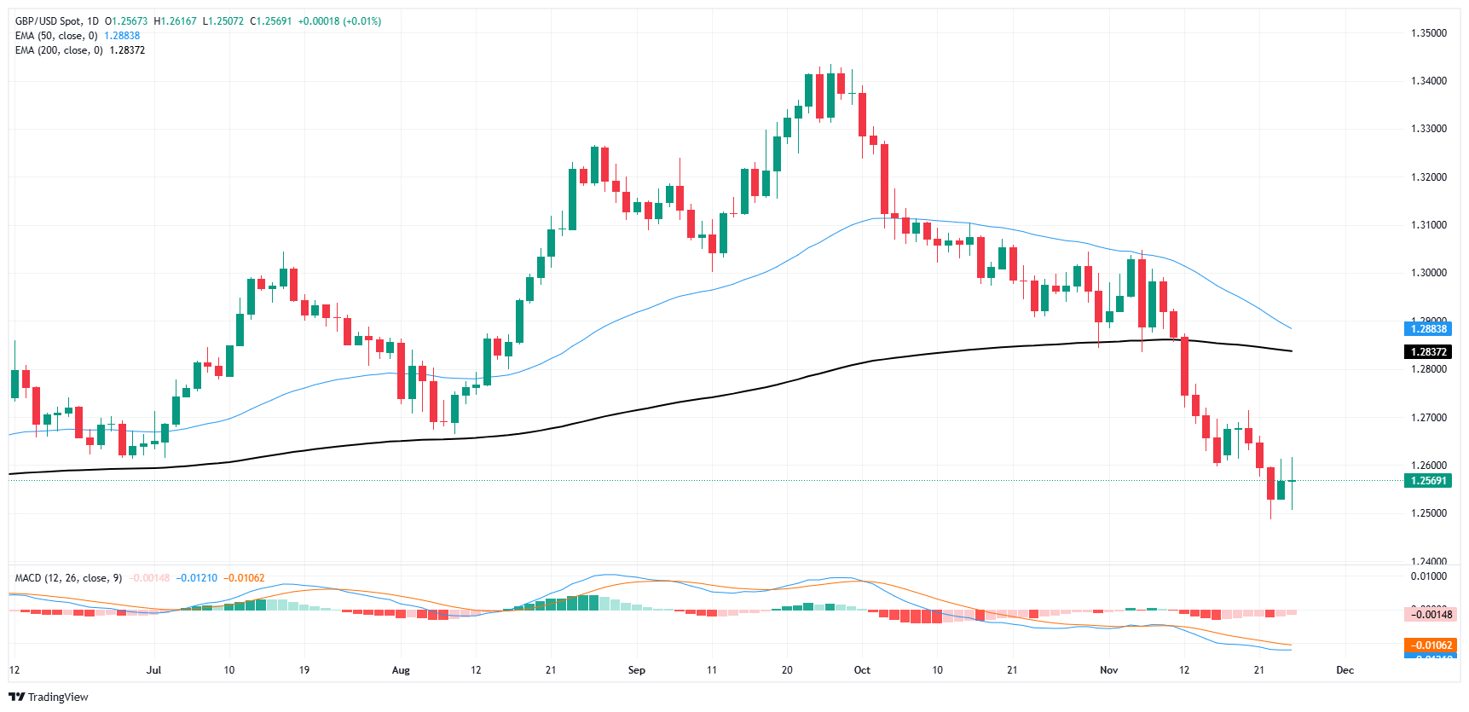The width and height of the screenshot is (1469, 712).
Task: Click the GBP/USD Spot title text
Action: [x=57, y=21]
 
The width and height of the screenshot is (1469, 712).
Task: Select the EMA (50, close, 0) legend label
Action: [x=56, y=36]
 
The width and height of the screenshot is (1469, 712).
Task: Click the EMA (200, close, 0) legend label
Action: [x=59, y=50]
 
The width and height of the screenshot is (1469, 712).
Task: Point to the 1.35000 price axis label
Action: [x=1429, y=33]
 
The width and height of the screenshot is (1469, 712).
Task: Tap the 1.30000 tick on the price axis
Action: [x=1429, y=273]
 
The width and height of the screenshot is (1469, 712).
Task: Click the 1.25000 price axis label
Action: [x=1429, y=513]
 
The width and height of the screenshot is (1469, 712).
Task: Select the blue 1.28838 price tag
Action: [x=1428, y=329]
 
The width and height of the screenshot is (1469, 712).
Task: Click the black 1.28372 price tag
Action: [x=1428, y=352]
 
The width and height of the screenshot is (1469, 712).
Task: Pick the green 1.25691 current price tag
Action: [x=1428, y=481]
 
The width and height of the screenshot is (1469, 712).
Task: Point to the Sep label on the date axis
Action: [x=637, y=670]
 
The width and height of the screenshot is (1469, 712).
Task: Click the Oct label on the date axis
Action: [x=862, y=670]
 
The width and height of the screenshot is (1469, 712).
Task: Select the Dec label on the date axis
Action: [x=1345, y=670]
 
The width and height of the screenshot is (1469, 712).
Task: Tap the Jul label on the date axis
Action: [x=153, y=670]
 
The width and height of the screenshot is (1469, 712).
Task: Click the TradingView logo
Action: [x=49, y=697]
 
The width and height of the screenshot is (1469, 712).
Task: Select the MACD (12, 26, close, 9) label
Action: [x=68, y=578]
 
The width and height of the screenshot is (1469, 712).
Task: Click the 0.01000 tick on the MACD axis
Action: [x=1429, y=576]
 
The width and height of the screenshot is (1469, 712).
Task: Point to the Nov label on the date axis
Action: [x=1108, y=670]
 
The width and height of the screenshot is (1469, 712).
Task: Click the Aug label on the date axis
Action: [x=401, y=670]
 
